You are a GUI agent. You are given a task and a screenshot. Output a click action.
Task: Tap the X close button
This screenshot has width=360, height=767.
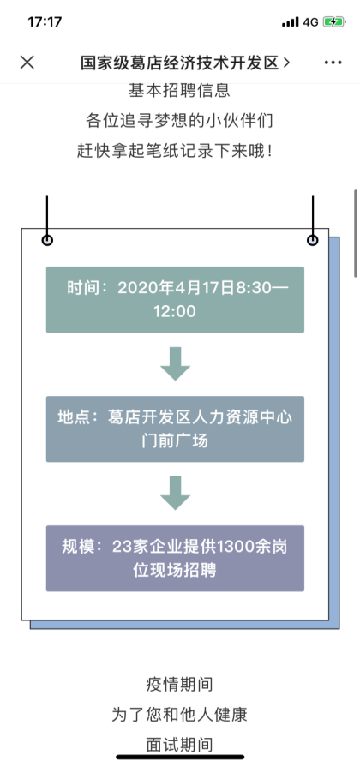[x=27, y=62]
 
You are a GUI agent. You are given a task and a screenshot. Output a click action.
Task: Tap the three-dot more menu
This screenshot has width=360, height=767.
[x=333, y=63]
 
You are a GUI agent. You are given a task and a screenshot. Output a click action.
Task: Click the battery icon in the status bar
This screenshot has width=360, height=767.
[x=334, y=22]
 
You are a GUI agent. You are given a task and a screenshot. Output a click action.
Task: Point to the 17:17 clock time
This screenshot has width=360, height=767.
[x=45, y=22]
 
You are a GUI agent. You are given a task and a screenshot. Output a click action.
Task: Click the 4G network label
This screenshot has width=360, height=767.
[x=310, y=22]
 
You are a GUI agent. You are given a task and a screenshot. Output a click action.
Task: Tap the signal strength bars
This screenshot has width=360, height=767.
[x=290, y=22]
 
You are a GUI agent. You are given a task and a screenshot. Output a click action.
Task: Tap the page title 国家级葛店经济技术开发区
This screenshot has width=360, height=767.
[x=179, y=63]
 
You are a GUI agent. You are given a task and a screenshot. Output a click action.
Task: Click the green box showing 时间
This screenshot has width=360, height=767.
[x=175, y=299]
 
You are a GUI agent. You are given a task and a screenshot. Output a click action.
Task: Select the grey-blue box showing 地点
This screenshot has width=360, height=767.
[x=175, y=429]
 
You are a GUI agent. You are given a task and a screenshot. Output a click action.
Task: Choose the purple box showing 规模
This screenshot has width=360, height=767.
[x=175, y=559]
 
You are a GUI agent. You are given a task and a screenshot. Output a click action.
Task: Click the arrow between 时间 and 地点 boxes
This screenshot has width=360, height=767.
[x=175, y=364]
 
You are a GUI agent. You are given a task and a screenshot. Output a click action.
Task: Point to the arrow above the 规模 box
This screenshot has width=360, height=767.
[x=175, y=494]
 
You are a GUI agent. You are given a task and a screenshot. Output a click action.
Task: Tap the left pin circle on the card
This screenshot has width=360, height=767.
[x=47, y=240]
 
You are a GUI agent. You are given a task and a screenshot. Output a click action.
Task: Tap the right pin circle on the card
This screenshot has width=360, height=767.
[x=313, y=240]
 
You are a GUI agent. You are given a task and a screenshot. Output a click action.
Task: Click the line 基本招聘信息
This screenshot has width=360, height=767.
[x=179, y=91]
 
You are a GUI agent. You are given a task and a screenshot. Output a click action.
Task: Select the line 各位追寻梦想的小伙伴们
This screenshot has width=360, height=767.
[x=179, y=120]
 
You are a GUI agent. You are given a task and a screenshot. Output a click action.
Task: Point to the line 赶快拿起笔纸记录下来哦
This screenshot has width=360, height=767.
[x=175, y=151]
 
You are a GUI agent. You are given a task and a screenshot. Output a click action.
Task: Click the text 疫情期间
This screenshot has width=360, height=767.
[x=179, y=685]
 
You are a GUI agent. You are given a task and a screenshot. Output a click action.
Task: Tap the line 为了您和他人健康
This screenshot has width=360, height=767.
[x=179, y=715]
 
